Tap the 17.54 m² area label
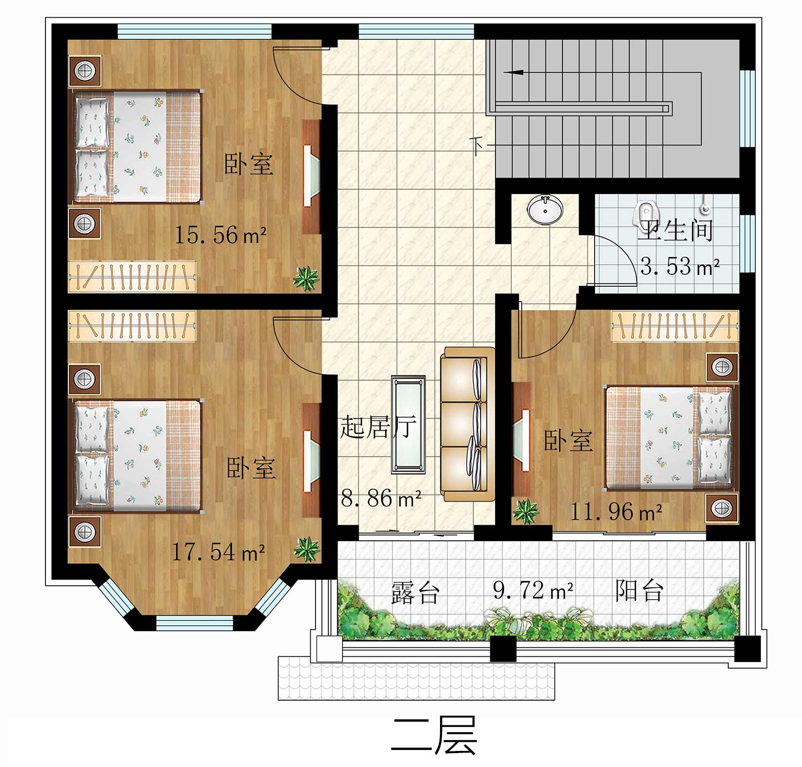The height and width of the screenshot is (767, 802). click(218, 551)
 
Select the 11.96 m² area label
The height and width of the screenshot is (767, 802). click(616, 511)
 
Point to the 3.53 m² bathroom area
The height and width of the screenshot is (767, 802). click(680, 266)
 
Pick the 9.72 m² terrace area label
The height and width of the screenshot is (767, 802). click(533, 590)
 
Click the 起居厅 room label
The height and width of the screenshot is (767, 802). click(378, 427)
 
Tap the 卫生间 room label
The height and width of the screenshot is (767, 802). click(676, 231)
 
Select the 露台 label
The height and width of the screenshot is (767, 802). click(415, 592)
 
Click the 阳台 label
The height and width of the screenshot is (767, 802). click(639, 590)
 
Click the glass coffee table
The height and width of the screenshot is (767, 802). click(408, 425)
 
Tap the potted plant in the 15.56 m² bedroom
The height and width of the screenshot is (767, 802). click(306, 279)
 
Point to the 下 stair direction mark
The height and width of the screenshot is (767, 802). click(477, 145)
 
